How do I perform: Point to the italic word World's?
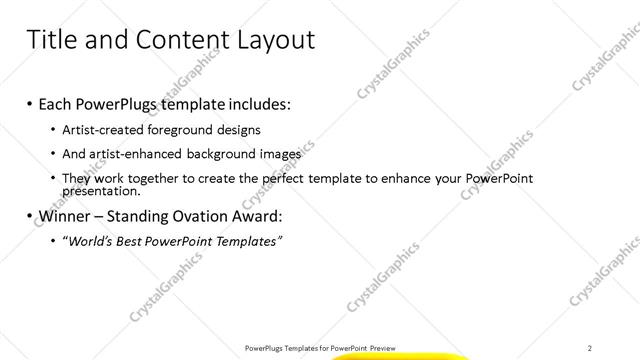(92, 241)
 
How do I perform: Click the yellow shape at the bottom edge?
(399, 356)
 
